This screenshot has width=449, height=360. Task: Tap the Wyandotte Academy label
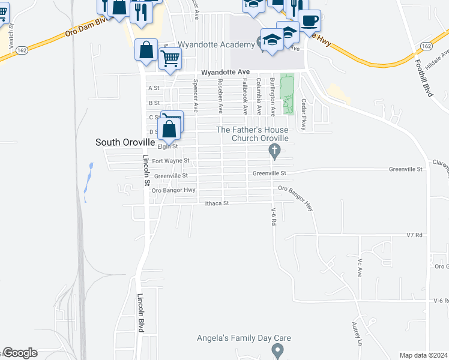pyautogui.click(x=217, y=45)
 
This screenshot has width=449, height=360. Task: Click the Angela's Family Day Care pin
pyautogui.click(x=277, y=349)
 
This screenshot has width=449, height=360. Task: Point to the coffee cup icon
pyautogui.click(x=309, y=20)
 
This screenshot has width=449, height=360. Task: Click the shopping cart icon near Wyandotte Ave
pyautogui.click(x=170, y=59)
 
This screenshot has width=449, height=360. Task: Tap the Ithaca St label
pyautogui.click(x=217, y=203)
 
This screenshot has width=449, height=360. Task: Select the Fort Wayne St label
pyautogui.click(x=170, y=161)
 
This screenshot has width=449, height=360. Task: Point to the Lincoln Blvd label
pyautogui.click(x=141, y=314)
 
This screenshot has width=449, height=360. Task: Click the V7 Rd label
pyautogui.click(x=415, y=235)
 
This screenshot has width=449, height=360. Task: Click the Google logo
pyautogui.click(x=19, y=353)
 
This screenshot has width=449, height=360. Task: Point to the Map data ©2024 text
pyautogui.click(x=423, y=355)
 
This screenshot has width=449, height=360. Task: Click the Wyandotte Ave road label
pyautogui.click(x=224, y=72)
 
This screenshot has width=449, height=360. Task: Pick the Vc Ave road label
pyautogui.click(x=360, y=268)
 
